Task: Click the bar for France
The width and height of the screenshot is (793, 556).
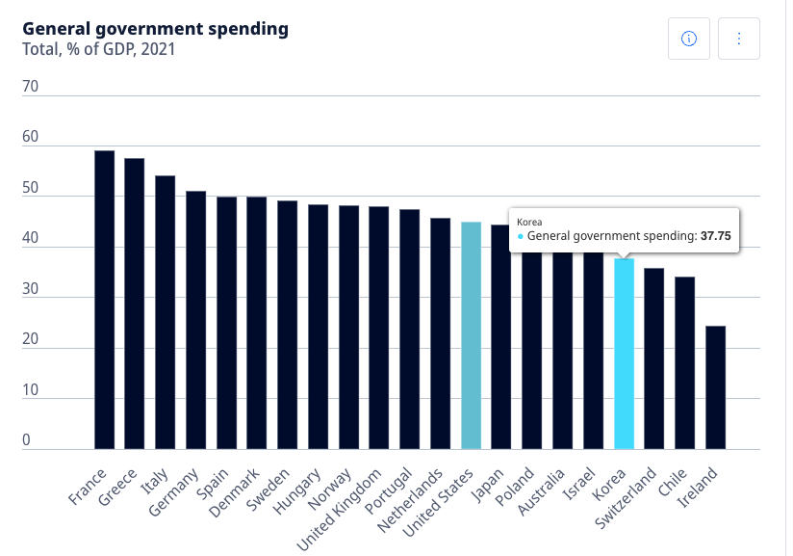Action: (x=104, y=300)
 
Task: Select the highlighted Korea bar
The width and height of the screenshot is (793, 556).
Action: (x=624, y=354)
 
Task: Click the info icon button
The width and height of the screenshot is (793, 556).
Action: (x=688, y=39)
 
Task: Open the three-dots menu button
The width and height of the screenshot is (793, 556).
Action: (x=739, y=39)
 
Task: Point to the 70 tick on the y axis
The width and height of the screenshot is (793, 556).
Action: (x=30, y=87)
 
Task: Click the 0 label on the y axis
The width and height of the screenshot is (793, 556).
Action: (x=26, y=440)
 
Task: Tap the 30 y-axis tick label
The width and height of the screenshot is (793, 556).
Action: (x=30, y=289)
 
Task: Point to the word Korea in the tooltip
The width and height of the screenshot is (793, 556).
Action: (x=530, y=222)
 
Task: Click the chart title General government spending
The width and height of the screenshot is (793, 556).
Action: (x=155, y=28)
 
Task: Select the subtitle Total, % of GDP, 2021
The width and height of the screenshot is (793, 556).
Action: (x=100, y=48)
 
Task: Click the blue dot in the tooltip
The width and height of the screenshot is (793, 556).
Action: (x=521, y=236)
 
